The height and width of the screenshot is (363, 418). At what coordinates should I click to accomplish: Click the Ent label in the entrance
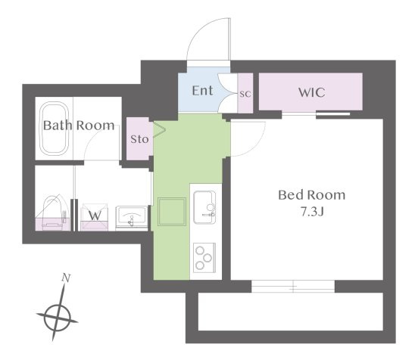pos(203,91)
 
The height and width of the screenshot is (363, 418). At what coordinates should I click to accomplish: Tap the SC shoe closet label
pos(245,94)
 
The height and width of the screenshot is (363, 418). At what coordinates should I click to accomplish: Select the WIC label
pos(312,92)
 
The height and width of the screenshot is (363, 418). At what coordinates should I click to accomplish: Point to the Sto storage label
pos(139,139)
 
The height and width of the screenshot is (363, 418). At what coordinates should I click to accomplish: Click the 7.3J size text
pos(312,212)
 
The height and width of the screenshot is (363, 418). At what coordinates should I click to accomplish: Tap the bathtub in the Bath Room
pos(55,128)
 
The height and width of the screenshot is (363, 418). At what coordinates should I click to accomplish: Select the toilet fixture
pos(52,213)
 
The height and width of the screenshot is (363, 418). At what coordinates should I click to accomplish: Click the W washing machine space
pos(95,217)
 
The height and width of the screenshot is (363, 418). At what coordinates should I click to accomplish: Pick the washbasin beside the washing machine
pos(132,218)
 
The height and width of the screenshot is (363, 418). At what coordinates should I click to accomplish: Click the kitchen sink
pos(204,207)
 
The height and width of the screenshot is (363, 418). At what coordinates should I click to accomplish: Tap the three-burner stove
pos(204,258)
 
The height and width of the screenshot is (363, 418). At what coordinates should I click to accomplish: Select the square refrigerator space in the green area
pos(172,212)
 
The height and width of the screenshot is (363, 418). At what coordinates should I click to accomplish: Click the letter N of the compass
pos(66,278)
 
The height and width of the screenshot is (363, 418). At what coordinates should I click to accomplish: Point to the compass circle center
pos(57,318)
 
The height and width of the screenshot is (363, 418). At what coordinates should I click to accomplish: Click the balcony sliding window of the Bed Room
pos(293,287)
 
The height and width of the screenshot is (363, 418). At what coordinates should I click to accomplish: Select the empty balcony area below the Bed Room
pos(291,312)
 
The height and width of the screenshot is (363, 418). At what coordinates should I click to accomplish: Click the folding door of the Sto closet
pos(160,130)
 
